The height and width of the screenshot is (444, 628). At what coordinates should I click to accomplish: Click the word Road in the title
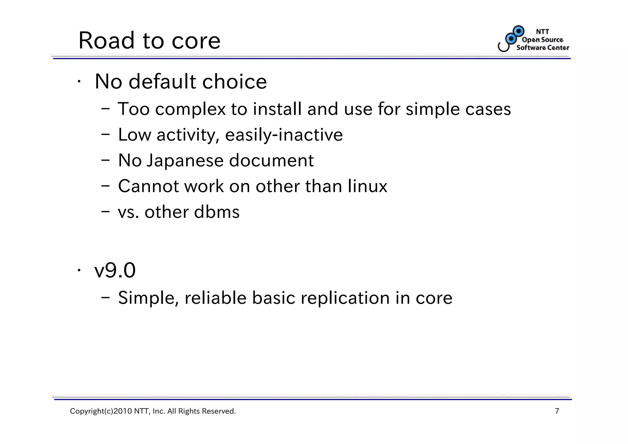(106, 40)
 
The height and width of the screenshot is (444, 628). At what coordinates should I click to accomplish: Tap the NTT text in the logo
(542, 32)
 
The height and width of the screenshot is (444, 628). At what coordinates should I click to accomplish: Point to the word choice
(234, 82)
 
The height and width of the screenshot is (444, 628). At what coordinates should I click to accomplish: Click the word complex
(190, 109)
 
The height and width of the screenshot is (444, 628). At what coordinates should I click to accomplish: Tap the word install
(277, 109)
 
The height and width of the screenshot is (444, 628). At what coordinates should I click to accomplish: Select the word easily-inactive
(284, 135)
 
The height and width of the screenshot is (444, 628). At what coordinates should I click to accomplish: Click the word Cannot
(148, 186)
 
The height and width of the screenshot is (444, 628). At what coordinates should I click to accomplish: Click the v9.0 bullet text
(115, 270)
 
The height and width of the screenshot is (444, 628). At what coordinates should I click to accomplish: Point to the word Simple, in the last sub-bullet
(148, 298)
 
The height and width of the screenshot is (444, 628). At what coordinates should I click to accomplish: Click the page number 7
(557, 411)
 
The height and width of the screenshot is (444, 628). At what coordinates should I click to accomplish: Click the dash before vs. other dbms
(105, 211)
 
